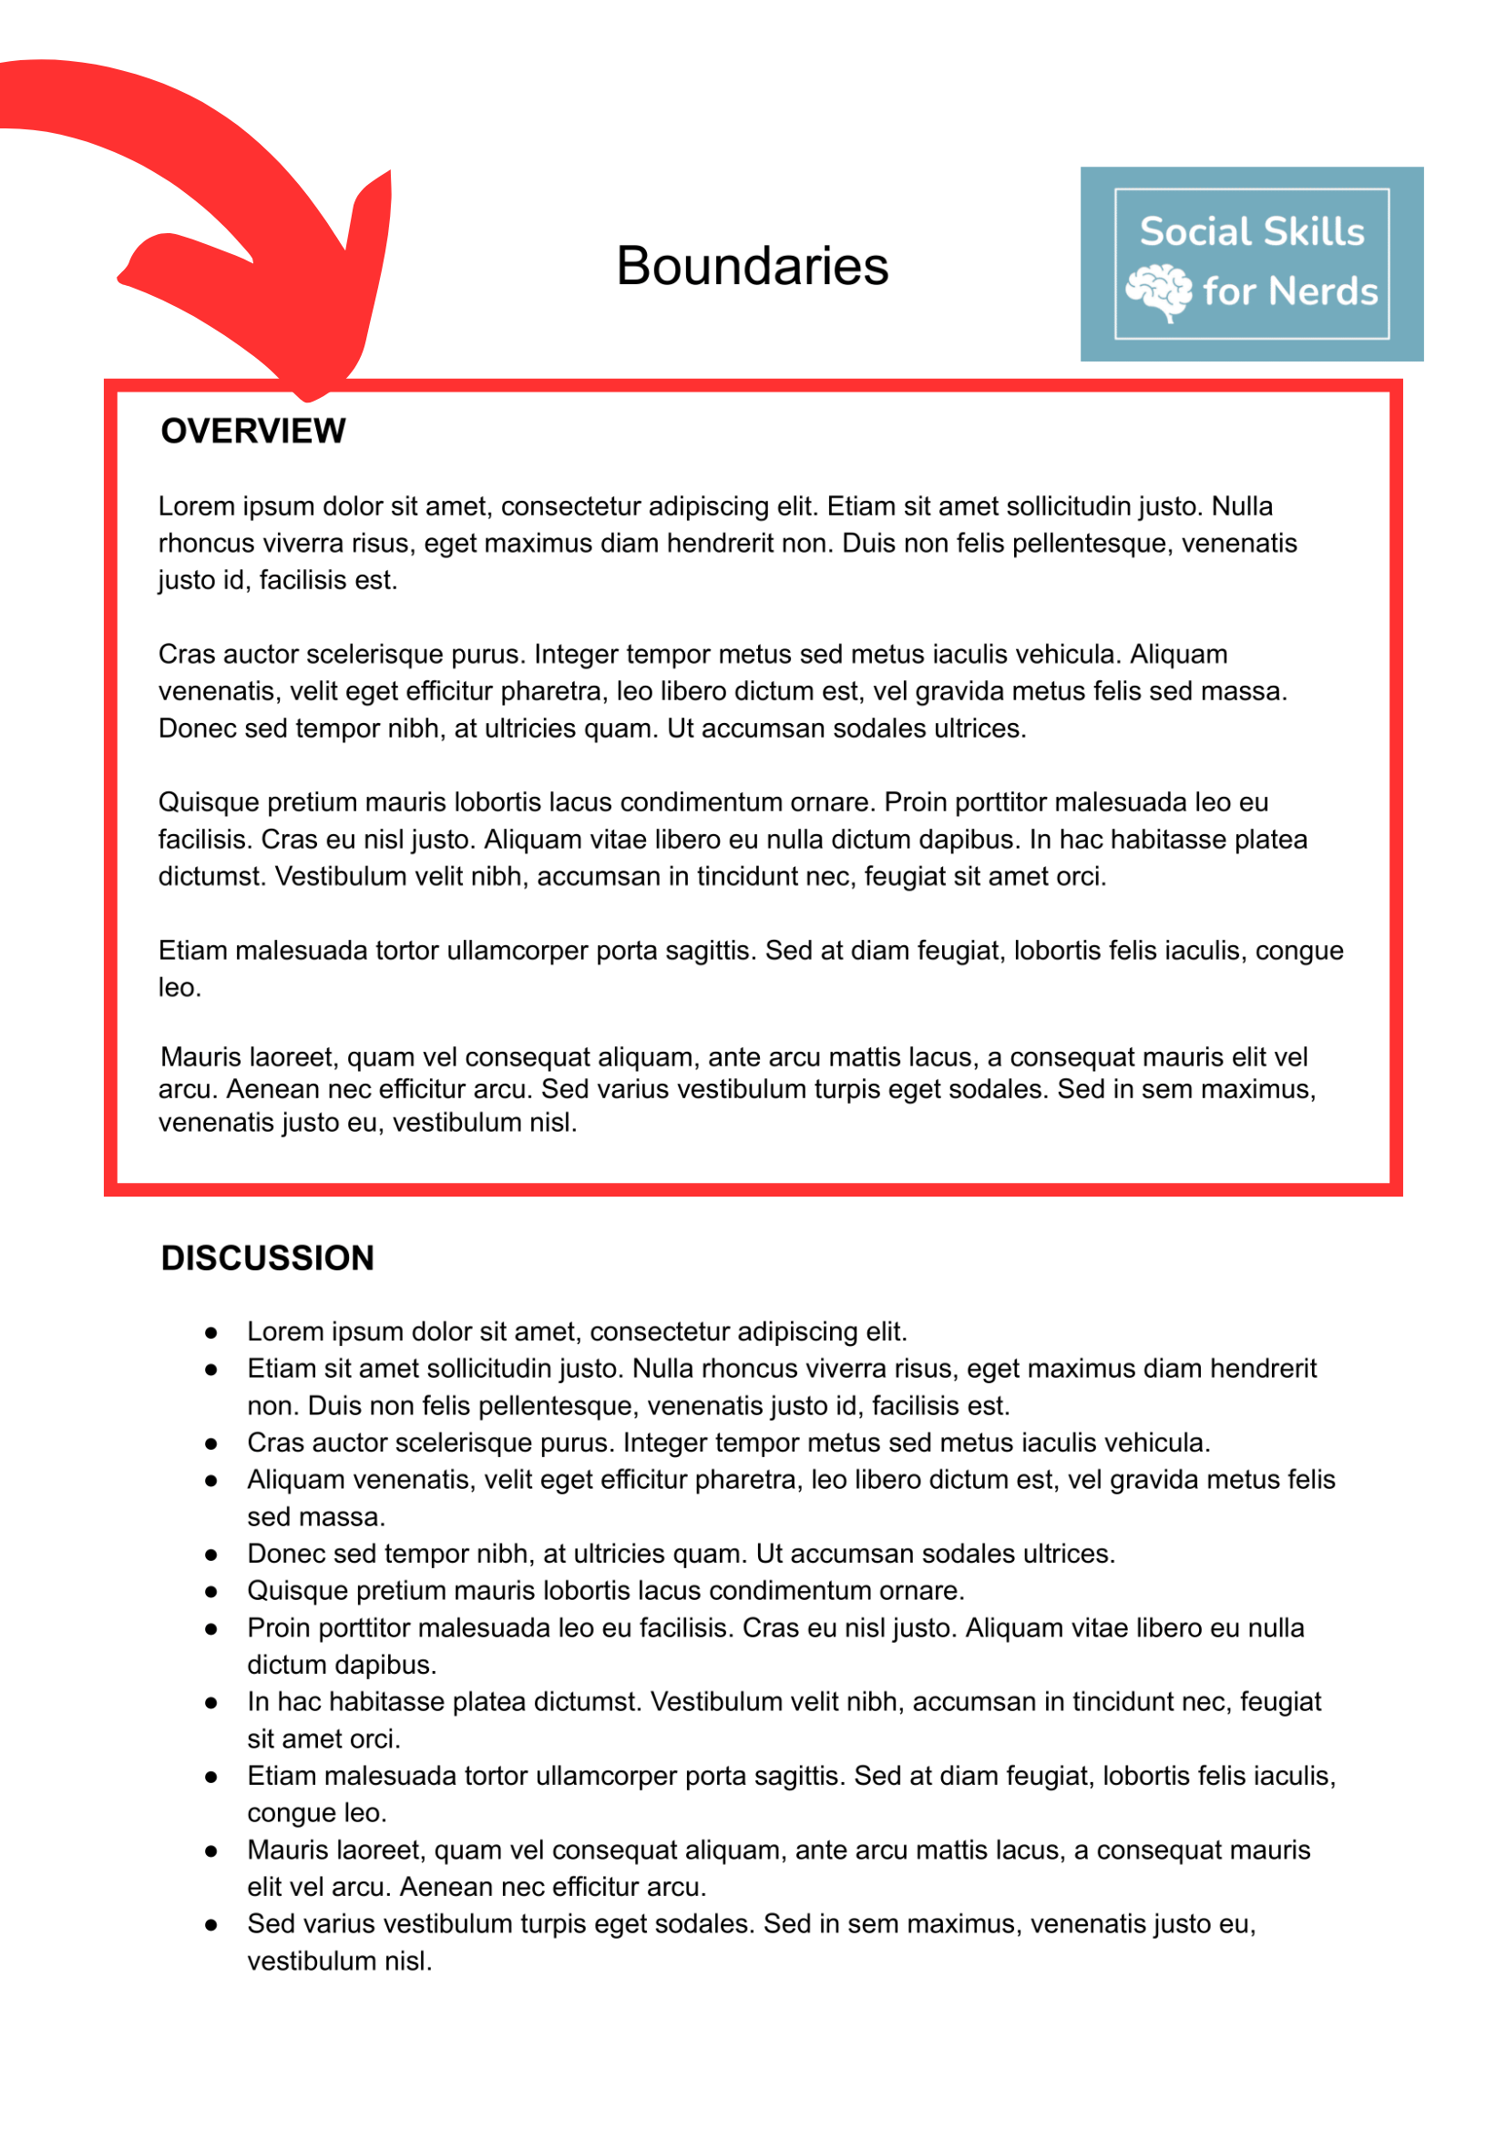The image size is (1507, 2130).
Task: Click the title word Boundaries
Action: [753, 266]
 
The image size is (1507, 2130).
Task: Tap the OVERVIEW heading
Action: [253, 432]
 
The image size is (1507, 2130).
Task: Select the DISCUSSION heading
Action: [267, 1259]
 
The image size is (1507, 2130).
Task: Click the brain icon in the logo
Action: [1158, 291]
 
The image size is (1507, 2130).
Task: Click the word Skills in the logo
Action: [1318, 232]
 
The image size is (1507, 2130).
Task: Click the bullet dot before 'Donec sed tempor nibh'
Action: [211, 1554]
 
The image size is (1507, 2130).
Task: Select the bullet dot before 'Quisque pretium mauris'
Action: [211, 1592]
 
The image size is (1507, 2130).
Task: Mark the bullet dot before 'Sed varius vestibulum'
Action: [211, 1925]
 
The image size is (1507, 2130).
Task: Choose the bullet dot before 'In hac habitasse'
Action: [211, 1703]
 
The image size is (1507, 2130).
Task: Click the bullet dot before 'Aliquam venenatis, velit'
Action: [211, 1481]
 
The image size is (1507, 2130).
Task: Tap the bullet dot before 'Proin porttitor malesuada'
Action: [211, 1629]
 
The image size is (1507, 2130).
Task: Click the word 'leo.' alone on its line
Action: [179, 988]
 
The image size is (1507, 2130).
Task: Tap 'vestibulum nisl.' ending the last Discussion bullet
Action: [340, 1962]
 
